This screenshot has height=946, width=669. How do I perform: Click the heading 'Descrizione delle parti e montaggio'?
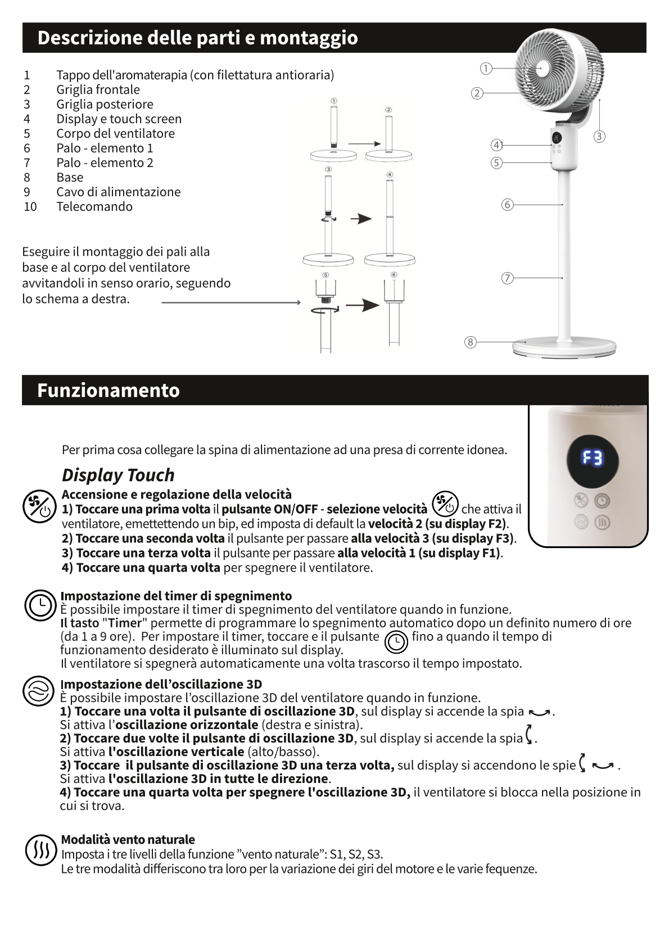pos(197,38)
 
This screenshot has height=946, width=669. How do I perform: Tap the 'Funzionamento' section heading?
pos(108,390)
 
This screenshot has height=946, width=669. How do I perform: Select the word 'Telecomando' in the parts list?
pos(94,206)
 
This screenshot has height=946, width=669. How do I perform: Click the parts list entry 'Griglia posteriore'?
pos(105,104)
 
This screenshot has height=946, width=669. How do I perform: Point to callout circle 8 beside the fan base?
pos(471,342)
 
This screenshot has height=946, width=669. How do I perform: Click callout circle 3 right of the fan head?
pos(600,137)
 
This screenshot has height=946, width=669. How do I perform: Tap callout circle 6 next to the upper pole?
pos(507,205)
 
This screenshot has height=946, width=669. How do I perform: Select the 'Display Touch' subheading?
pos(118,475)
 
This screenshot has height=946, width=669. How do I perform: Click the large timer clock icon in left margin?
pos(40,605)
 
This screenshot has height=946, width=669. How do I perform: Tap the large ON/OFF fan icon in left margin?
pos(39,505)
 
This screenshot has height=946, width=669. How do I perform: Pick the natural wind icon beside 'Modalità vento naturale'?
pos(41,849)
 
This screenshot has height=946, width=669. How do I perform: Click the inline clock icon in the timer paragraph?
pos(396,641)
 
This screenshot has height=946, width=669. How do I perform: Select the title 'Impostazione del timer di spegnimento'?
pos(176,596)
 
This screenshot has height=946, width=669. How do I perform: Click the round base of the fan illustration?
pos(564,347)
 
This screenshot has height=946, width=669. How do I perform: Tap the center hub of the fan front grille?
pos(543,69)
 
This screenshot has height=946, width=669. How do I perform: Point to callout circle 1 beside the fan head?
pos(486,69)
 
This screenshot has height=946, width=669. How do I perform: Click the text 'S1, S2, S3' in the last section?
pos(356,854)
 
